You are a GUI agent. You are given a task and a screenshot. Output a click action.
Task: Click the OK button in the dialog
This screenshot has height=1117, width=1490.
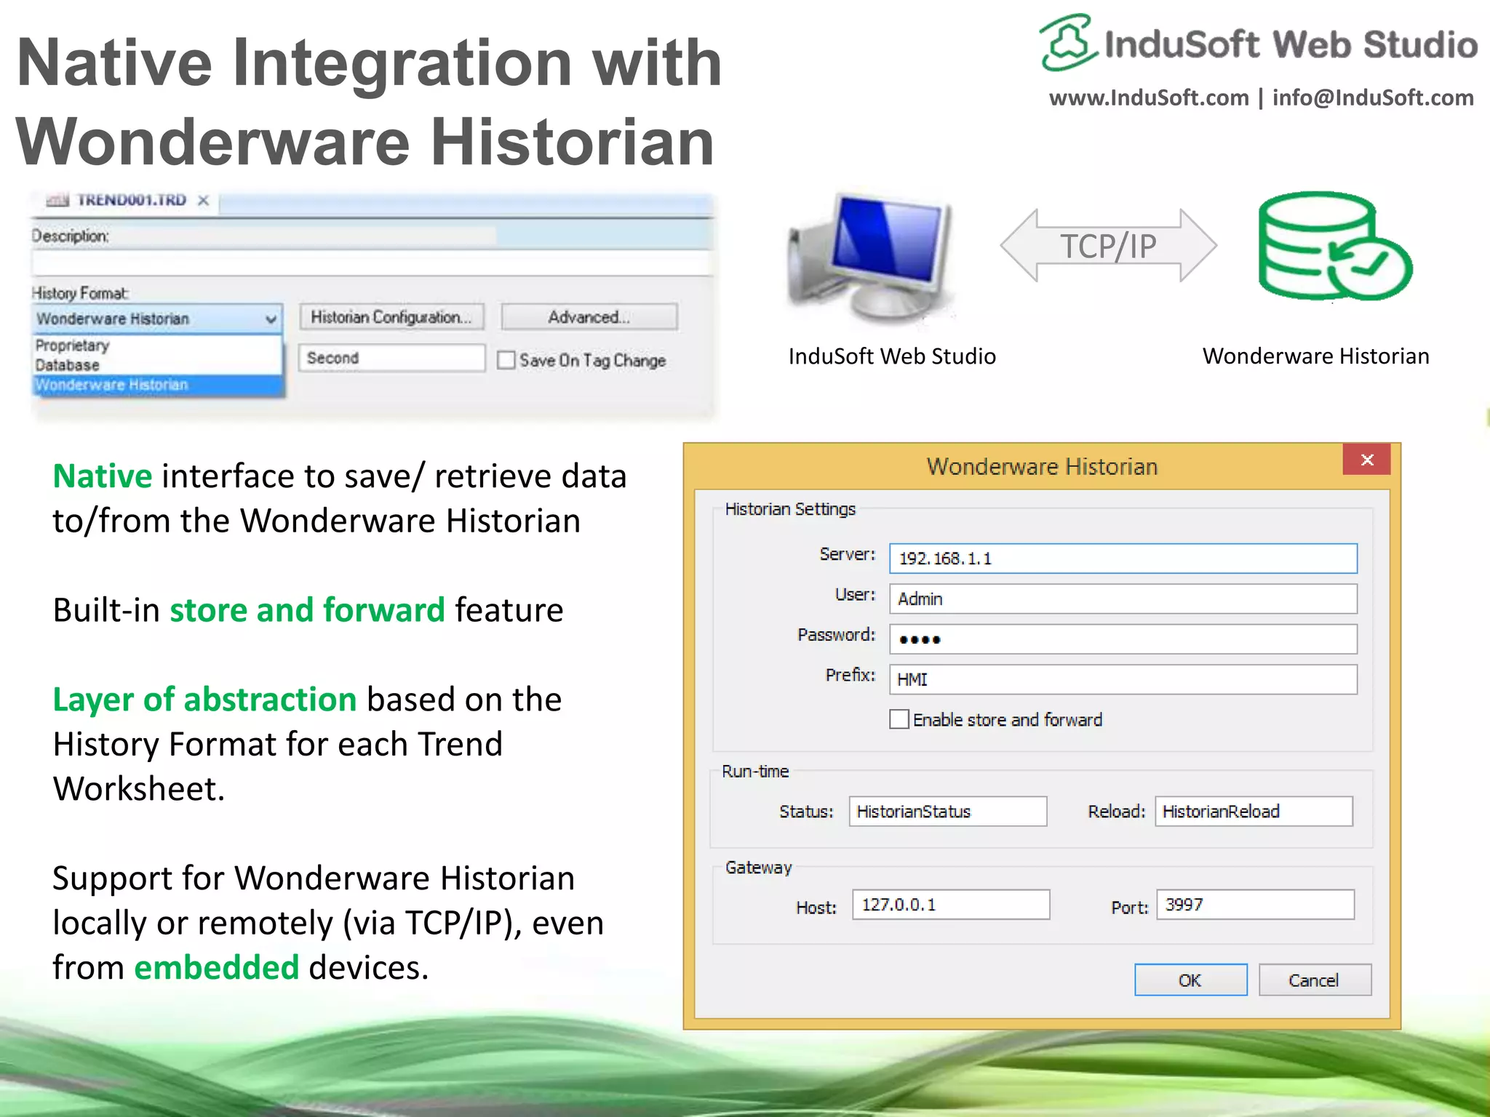(x=1190, y=980)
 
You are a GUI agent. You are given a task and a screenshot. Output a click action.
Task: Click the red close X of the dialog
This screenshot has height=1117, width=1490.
(x=1366, y=460)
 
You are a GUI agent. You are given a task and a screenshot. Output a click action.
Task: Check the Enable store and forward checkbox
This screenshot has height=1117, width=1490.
(x=899, y=719)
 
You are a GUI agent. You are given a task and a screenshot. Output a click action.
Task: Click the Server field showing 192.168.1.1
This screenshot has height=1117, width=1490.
(x=1122, y=558)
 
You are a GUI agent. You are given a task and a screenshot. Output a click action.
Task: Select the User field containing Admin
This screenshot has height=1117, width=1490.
(x=1122, y=599)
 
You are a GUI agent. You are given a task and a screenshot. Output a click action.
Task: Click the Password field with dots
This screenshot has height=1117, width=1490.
(x=1122, y=639)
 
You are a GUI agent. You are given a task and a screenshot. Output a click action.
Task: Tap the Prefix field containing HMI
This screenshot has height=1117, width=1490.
(x=1122, y=679)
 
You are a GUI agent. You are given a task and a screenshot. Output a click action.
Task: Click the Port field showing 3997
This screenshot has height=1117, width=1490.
(x=1254, y=905)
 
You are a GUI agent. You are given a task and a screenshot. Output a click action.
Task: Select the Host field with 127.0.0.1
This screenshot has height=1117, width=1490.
(x=950, y=905)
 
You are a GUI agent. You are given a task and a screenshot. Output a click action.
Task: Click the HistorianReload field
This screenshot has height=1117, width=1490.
(x=1253, y=812)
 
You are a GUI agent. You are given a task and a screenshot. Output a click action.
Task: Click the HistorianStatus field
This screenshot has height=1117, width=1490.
(x=947, y=812)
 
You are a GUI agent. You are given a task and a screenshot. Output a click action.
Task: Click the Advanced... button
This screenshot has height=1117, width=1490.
(x=589, y=317)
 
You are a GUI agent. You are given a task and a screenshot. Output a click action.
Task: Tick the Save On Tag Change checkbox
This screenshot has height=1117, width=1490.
(x=506, y=360)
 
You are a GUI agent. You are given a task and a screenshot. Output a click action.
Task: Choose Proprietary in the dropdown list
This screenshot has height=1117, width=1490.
(x=73, y=345)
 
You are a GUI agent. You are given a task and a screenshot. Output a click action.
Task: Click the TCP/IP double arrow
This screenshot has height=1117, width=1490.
(x=1107, y=246)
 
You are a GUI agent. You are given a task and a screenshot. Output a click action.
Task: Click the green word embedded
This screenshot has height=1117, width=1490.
(x=216, y=968)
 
